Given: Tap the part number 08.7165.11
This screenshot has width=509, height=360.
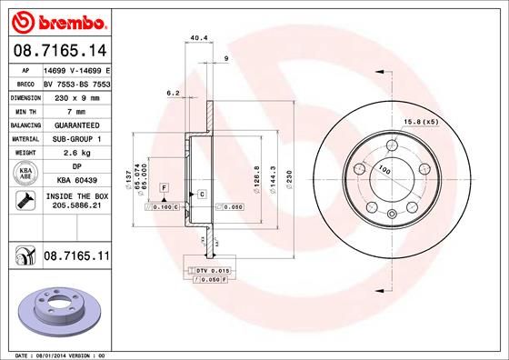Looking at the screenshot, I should pyautogui.click(x=76, y=258).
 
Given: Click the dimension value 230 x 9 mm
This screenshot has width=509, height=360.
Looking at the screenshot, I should pyautogui.click(x=75, y=96).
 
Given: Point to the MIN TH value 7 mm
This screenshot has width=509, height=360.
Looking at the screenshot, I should pyautogui.click(x=75, y=110).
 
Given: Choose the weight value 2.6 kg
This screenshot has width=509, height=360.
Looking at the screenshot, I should pyautogui.click(x=75, y=154).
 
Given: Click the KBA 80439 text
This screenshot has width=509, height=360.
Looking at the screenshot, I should pyautogui.click(x=76, y=180).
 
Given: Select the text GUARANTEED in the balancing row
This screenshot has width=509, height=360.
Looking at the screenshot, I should pyautogui.click(x=76, y=125).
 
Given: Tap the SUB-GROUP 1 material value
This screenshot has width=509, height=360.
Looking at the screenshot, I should pyautogui.click(x=76, y=139).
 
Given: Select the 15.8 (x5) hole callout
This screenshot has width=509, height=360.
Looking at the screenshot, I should pyautogui.click(x=421, y=121).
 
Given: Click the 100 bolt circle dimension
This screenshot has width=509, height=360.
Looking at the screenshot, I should pyautogui.click(x=384, y=169).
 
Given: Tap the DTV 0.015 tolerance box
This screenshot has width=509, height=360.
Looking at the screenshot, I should pyautogui.click(x=206, y=271).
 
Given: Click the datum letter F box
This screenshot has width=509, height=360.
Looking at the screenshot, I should pyautogui.click(x=163, y=187).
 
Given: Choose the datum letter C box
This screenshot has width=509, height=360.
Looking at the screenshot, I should pyautogui.click(x=200, y=195).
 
